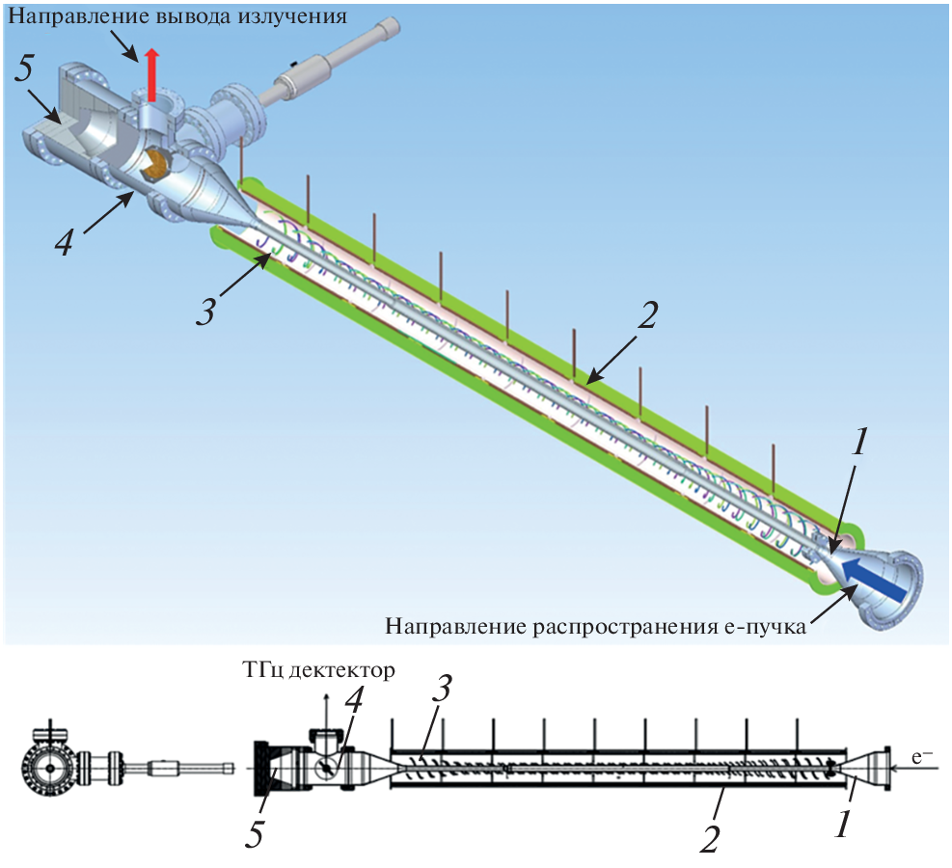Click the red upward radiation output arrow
pos(150,75)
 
